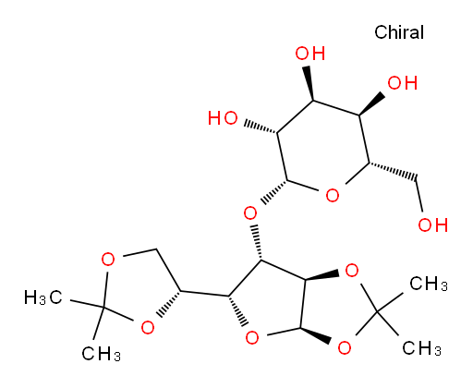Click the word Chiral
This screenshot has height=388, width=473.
coord(399,32)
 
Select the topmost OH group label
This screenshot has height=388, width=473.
coord(309,54)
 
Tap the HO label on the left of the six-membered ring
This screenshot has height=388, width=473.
coord(223,118)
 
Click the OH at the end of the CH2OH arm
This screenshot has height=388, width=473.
coord(432,224)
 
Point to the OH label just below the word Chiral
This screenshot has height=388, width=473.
coord(402,83)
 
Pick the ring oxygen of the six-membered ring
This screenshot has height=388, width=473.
coord(333,195)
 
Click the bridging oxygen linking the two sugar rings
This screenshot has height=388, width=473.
coord(250,212)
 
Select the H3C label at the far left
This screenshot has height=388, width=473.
coord(43,297)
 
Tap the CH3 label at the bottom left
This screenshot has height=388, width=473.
coord(101,353)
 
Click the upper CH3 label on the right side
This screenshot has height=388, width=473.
coord(429,284)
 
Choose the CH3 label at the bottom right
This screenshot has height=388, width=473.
coord(421,348)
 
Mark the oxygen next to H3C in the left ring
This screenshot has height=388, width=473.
coord(108,260)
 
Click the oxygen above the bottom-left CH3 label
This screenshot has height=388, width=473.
coord(148,327)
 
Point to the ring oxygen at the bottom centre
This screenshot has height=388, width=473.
coord(252,338)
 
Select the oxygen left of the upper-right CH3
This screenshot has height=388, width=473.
coord(352,271)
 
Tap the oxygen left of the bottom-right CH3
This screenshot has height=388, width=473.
coord(345,347)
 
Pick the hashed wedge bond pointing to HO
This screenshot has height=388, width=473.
coord(261,128)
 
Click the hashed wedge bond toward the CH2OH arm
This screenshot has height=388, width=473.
coord(393,171)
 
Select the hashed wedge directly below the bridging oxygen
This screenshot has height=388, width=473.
coord(257,243)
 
